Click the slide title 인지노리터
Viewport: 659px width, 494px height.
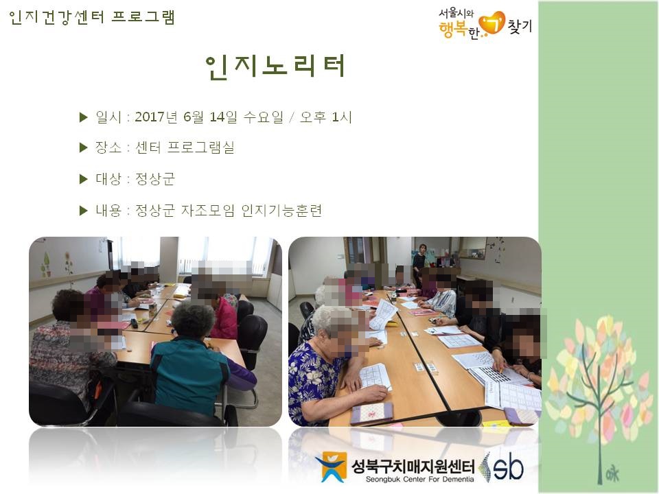(275, 67)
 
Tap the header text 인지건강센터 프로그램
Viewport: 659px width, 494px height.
(92, 17)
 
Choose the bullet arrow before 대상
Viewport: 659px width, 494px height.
(84, 179)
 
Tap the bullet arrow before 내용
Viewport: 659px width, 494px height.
(84, 211)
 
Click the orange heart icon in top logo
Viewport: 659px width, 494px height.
(492, 23)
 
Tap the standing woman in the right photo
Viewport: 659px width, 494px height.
(418, 263)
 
